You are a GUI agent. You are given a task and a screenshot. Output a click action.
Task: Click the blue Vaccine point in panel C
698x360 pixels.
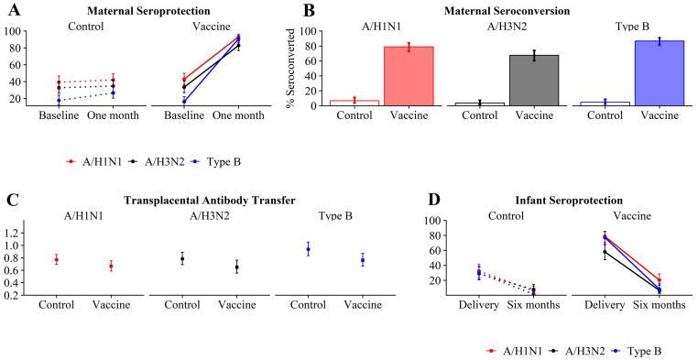(x=362, y=260)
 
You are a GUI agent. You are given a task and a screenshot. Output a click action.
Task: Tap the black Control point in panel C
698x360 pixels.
(x=207, y=259)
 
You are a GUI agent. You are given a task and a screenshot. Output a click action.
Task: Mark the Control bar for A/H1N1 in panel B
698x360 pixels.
(x=354, y=103)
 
